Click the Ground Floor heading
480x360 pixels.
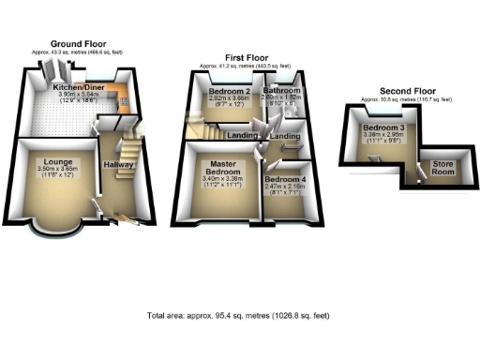point(79,43)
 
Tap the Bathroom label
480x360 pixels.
point(280,90)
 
